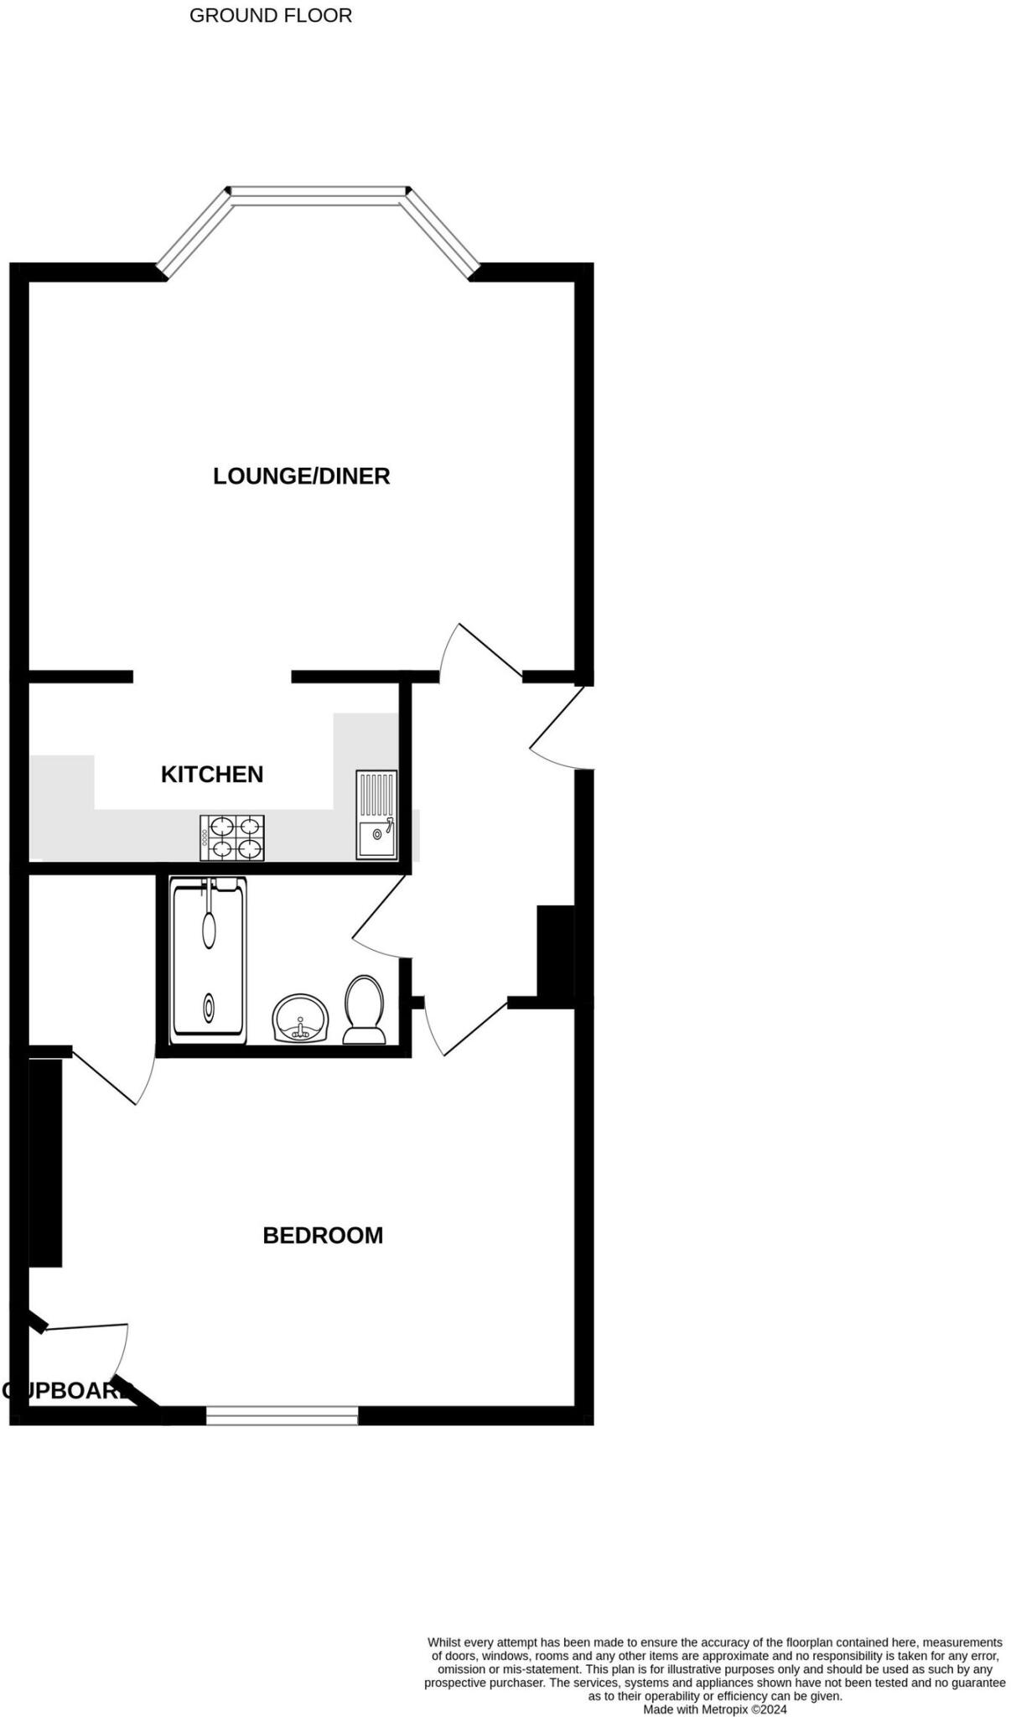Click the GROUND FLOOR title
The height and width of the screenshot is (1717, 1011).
click(270, 15)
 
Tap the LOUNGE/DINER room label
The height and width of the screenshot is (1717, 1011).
click(301, 476)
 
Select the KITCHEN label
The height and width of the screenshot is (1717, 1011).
click(212, 774)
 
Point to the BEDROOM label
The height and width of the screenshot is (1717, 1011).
click(323, 1235)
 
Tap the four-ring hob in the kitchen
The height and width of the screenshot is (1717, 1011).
click(232, 838)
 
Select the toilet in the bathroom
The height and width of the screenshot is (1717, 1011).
click(364, 1010)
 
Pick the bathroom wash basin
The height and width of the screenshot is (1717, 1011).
click(300, 1018)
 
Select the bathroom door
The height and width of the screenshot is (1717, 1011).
click(379, 918)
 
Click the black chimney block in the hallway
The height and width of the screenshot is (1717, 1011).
click(555, 952)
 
